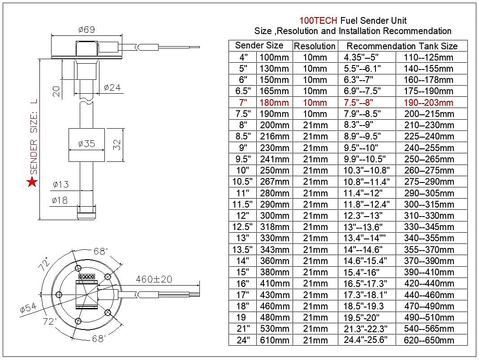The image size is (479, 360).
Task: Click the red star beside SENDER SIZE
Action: pyautogui.click(x=32, y=182)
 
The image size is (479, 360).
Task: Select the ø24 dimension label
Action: pyautogui.click(x=112, y=87)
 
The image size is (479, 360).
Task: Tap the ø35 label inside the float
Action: pyautogui.click(x=86, y=144)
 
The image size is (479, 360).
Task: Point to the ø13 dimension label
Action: pyautogui.click(x=60, y=184)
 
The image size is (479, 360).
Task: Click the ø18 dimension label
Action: pyautogui.click(x=60, y=200)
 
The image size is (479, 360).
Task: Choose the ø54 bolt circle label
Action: pyautogui.click(x=28, y=308)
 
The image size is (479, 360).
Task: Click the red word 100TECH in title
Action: pyautogui.click(x=319, y=21)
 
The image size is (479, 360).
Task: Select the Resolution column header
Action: pyautogui.click(x=315, y=46)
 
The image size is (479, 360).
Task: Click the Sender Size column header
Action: pyautogui.click(x=259, y=45)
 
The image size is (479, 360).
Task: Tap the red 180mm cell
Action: pyautogui.click(x=274, y=103)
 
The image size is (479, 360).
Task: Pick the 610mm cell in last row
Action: pyautogui.click(x=274, y=340)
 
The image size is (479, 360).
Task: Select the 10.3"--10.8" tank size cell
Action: pyautogui.click(x=367, y=170)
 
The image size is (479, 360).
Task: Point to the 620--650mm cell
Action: pyautogui.click(x=428, y=340)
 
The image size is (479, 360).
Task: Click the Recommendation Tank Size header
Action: pyautogui.click(x=402, y=46)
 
